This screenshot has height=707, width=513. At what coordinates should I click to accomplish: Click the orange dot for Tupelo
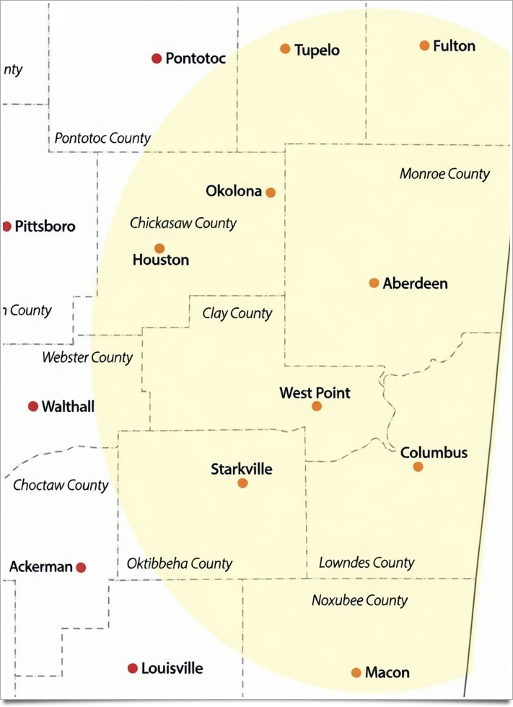(285, 49)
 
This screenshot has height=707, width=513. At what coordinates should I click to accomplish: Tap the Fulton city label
(454, 46)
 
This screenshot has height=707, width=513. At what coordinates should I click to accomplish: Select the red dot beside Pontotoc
(157, 58)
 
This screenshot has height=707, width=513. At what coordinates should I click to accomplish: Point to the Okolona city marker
(271, 193)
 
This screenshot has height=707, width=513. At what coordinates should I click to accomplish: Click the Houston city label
(161, 260)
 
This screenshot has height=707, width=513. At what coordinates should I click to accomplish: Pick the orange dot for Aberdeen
(374, 283)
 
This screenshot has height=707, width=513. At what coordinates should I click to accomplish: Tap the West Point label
(315, 393)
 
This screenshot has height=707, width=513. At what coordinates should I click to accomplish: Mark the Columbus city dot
(418, 467)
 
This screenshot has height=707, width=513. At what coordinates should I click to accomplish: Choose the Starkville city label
(242, 470)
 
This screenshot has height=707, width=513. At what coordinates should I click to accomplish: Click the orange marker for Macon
(356, 672)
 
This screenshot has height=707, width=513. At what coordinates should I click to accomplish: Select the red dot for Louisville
(133, 669)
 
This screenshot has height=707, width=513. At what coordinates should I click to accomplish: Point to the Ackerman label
(41, 567)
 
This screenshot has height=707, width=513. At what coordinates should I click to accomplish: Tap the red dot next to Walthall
(33, 407)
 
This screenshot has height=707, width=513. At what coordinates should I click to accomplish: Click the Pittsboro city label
(45, 227)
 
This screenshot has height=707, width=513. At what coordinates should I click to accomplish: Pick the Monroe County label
(444, 174)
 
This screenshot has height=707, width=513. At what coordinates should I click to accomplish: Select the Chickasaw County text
(183, 224)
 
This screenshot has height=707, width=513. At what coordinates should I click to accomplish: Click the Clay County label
(237, 313)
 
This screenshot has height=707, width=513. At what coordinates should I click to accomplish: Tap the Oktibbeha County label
(180, 564)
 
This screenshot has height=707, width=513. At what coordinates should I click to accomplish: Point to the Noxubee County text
(360, 600)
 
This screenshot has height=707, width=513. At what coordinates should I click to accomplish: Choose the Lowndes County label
(367, 563)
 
